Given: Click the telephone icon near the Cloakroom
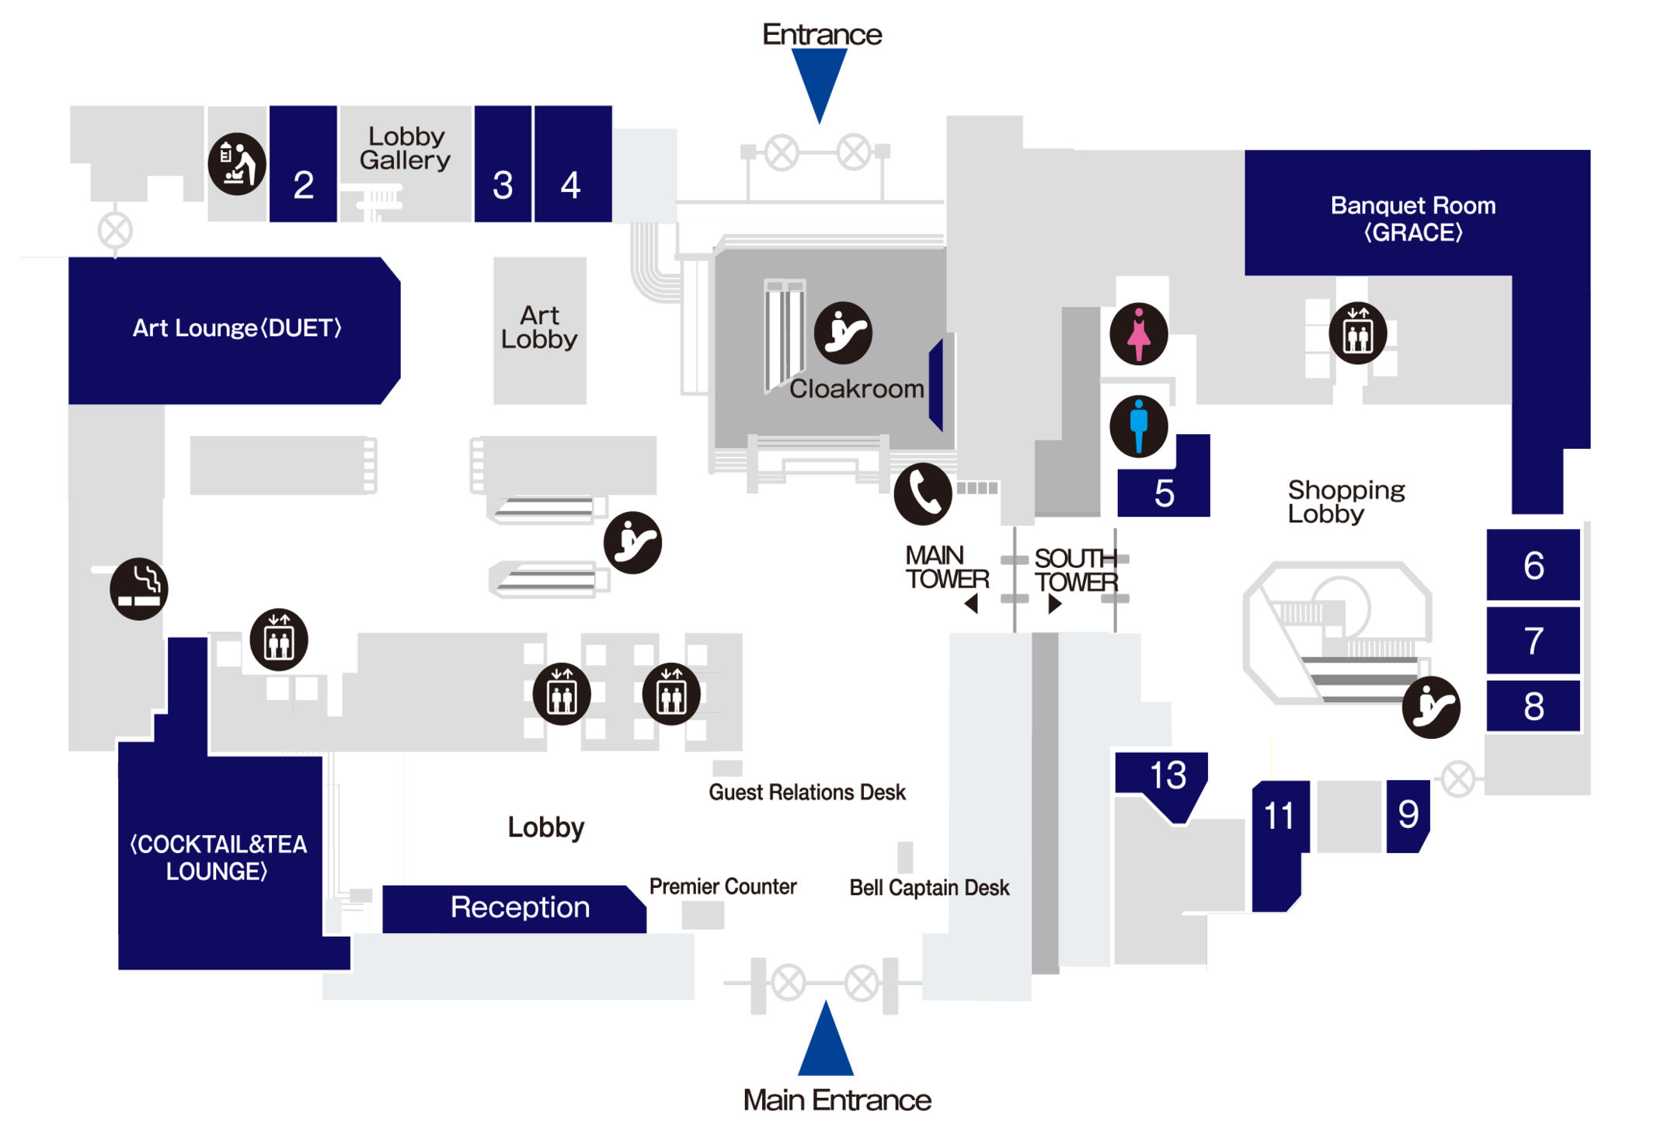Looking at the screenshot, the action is (x=922, y=494).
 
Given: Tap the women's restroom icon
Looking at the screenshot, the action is (x=1138, y=334).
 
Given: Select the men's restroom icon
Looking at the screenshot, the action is (x=1138, y=426).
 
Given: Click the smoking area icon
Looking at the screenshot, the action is (x=138, y=588).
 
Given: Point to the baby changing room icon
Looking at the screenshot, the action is (x=237, y=164).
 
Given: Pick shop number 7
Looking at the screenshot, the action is (x=1533, y=641).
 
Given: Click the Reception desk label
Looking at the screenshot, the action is (x=520, y=907).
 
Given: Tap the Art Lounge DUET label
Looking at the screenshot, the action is (x=237, y=328).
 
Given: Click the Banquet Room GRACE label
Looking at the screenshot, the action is (x=1412, y=218).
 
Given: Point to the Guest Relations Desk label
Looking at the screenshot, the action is (x=806, y=792).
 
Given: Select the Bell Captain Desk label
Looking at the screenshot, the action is (x=929, y=887).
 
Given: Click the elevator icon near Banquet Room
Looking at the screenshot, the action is (x=1357, y=333).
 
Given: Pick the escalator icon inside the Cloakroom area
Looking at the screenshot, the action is (x=843, y=333).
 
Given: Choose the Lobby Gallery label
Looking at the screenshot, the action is (x=405, y=148).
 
